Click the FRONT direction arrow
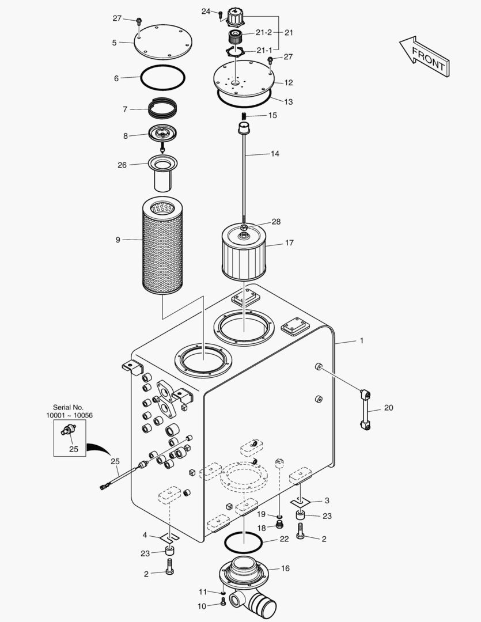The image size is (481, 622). click(x=424, y=55)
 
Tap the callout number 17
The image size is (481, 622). click(x=289, y=242)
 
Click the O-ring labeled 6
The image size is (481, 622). click(x=164, y=77)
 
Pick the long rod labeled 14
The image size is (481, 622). click(x=245, y=173)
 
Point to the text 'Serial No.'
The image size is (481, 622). click(x=69, y=407)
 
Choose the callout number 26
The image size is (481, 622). click(x=122, y=165)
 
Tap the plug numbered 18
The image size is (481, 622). click(x=279, y=525)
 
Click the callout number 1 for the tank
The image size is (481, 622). click(x=361, y=341)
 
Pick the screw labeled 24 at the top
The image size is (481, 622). click(x=221, y=15)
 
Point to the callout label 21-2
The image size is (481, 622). click(x=264, y=33)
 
